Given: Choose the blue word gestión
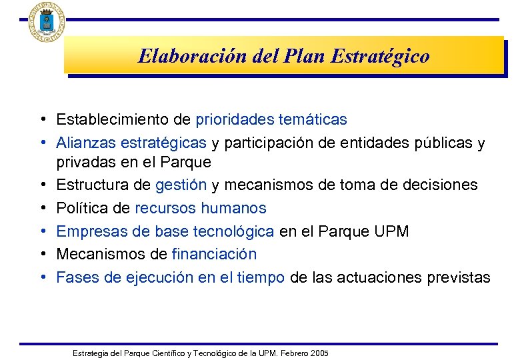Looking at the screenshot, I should pyautogui.click(x=182, y=185).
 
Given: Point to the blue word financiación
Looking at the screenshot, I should pyautogui.click(x=214, y=254).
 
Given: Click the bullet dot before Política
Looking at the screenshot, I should pyautogui.click(x=42, y=209).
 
